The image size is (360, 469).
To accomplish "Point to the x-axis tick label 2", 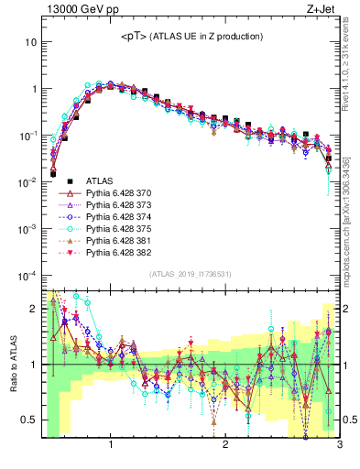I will point(225,446).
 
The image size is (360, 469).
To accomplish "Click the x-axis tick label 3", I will point(339,446).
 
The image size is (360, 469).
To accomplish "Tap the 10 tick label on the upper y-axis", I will point(31,42).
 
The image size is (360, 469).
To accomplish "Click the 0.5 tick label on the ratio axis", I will point(29,420).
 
